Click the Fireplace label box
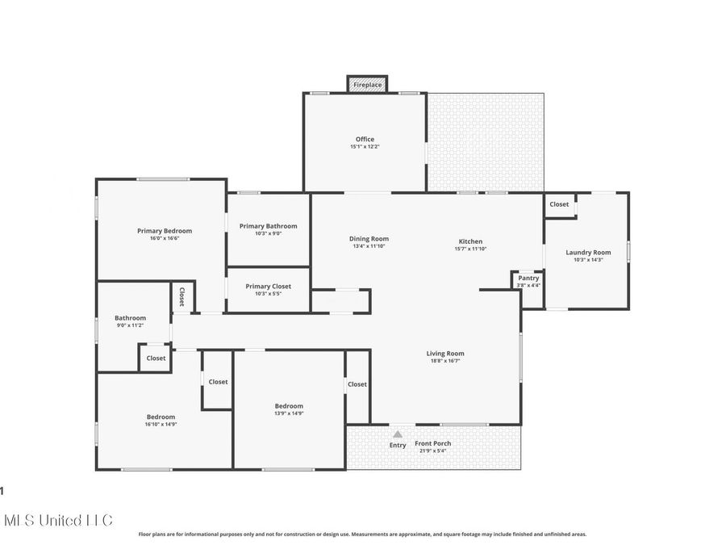pos(367,84)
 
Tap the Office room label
pos(365,140)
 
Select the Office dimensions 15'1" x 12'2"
pos(365,147)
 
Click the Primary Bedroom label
pos(164,231)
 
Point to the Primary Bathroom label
pos(268,226)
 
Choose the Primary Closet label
pos(268,286)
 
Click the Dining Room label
pos(369,239)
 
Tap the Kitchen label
pos(470,241)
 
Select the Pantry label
pos(528,278)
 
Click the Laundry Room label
pos(588,252)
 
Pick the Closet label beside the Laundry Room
pos(559,204)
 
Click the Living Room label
pos(445,353)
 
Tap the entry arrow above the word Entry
pos(398,434)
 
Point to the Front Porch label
pos(432,443)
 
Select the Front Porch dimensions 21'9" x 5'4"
pos(432,451)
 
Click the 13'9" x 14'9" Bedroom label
pos(289,406)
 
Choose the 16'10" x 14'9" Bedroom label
pos(161,417)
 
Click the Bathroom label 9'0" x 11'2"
pos(130,318)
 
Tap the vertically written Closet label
pos(181,297)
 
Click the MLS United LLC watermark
pos(58,520)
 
